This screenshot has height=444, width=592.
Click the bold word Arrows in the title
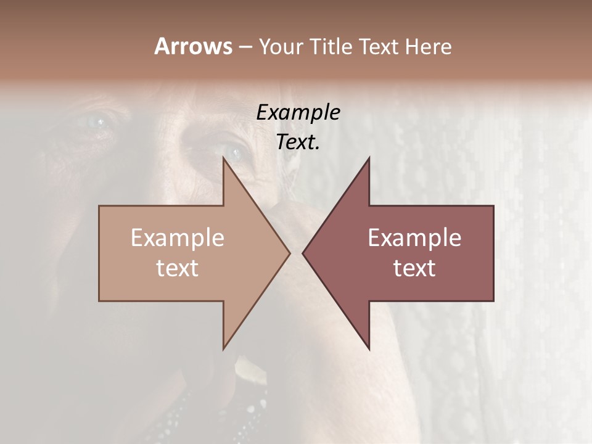(192, 46)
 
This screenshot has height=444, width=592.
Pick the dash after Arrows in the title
(245, 47)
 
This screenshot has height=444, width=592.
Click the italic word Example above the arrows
(298, 112)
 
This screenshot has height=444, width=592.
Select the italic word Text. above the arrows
(298, 142)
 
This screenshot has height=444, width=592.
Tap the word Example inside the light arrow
(178, 238)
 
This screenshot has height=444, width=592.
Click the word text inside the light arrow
(178, 268)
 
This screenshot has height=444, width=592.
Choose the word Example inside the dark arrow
(414, 238)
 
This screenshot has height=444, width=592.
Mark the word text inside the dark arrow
(414, 268)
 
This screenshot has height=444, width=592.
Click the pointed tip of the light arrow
(290, 253)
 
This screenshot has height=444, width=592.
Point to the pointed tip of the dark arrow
(303, 253)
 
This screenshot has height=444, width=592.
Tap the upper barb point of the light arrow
(223, 157)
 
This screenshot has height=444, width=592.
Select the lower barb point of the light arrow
(223, 349)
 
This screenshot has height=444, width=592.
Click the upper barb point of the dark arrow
(369, 157)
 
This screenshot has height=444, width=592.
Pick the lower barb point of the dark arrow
(369, 349)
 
